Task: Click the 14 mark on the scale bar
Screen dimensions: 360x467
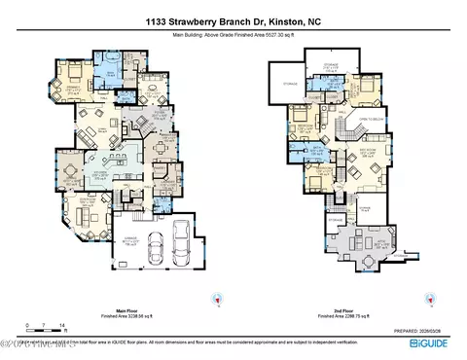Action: coord(62,325)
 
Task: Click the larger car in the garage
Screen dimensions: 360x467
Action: coord(181,238)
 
